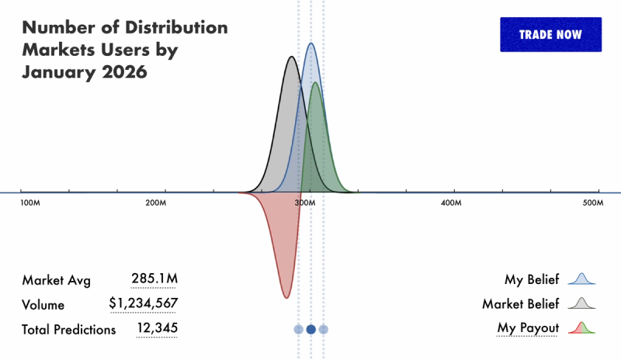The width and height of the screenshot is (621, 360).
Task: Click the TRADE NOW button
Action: (550, 35)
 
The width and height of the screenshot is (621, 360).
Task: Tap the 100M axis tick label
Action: (29, 202)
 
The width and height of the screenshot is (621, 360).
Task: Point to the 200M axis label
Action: (156, 202)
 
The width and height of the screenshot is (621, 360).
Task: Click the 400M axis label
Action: (451, 202)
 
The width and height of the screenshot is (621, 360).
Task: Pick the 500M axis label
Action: (593, 202)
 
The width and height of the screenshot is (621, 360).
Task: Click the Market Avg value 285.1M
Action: (154, 279)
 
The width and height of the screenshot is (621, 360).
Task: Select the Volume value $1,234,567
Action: (144, 304)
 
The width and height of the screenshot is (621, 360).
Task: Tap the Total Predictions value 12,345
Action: (157, 329)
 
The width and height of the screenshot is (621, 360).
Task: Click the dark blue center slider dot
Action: (310, 330)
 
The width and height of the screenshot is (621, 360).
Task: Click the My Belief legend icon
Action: (581, 279)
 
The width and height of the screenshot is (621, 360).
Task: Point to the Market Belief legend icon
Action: (581, 303)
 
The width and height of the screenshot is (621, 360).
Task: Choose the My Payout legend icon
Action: (581, 328)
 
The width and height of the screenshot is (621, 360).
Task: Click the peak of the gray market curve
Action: (291, 57)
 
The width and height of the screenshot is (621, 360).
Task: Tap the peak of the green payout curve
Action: (316, 83)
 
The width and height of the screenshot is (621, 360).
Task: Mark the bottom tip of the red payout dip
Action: (286, 297)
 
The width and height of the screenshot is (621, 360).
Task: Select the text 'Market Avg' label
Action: (52, 279)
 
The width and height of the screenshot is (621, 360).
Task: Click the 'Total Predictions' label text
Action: (69, 330)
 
